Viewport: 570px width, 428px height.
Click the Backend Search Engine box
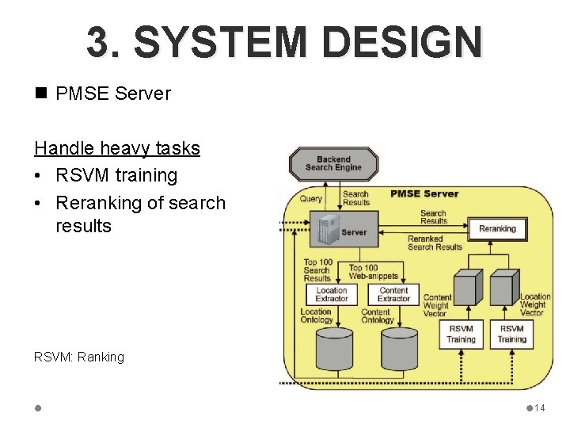[333, 164]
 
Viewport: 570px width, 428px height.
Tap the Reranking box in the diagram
[497, 229]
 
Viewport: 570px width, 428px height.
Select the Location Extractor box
[331, 295]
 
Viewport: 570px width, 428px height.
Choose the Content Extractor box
[393, 295]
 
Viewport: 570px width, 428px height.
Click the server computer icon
[325, 231]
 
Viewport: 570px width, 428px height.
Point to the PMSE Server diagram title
[424, 193]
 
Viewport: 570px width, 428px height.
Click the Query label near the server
[311, 199]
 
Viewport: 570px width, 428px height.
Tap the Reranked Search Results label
[434, 243]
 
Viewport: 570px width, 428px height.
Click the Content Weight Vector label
[436, 305]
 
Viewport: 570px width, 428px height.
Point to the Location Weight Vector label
[534, 304]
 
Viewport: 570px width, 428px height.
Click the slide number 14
[540, 408]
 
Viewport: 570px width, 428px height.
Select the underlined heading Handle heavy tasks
[116, 148]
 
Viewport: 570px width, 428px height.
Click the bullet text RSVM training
[116, 175]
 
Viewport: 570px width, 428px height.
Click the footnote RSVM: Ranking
[79, 357]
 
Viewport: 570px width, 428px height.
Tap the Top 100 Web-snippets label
[364, 273]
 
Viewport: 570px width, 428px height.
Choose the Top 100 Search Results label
[317, 270]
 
